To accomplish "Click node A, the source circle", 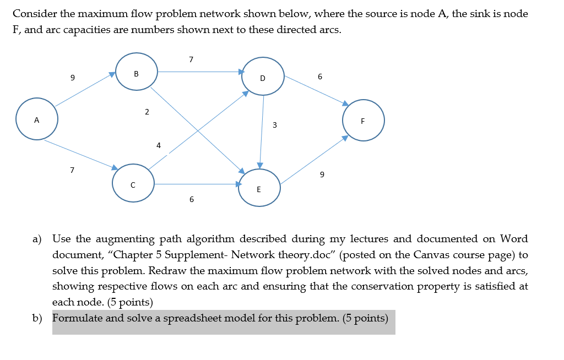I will [x=36, y=119].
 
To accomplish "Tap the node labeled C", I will [x=133, y=185].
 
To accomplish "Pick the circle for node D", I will [x=263, y=78].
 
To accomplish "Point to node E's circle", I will [x=259, y=189].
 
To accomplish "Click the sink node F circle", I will [x=363, y=120].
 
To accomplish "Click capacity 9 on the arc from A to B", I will [x=72, y=78].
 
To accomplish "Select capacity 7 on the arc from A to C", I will [x=72, y=170].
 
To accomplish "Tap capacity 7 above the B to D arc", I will [x=191, y=59].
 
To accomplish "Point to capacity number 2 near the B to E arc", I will [x=147, y=112].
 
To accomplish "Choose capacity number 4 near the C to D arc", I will [x=159, y=146].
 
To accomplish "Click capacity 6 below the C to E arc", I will [x=191, y=199].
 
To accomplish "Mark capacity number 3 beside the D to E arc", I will [x=274, y=126].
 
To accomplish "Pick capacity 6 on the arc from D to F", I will [x=320, y=77].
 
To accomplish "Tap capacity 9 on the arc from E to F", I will [x=322, y=174].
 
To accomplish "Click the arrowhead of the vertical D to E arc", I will [x=261, y=165].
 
